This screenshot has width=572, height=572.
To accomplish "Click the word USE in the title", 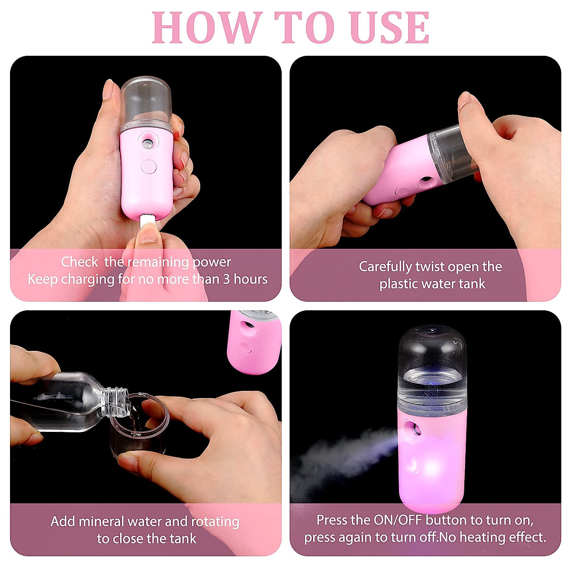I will point(389,28).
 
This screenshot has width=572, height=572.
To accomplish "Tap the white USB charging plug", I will point(147,222).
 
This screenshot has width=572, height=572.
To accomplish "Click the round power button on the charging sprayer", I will point(149,166).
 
